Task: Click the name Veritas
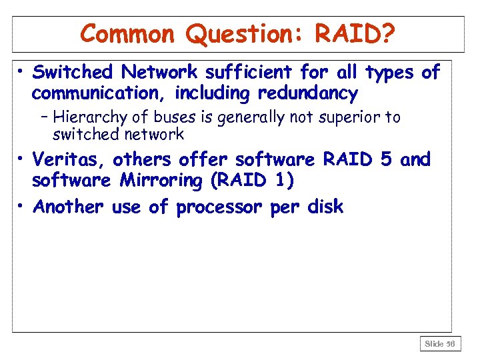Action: coord(69,160)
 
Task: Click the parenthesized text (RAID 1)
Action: coord(254,181)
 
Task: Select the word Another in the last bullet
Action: coord(68,207)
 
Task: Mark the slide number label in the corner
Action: coord(440,344)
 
